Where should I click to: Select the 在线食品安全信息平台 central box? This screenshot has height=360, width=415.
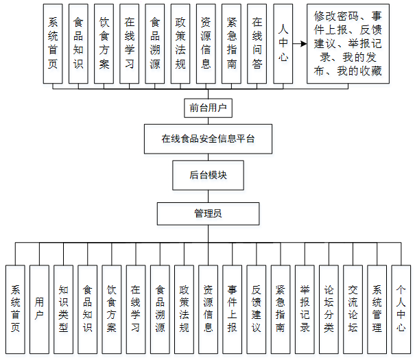tap(208, 139)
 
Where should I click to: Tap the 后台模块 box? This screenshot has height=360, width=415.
tap(208, 175)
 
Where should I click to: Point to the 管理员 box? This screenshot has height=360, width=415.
tap(208, 214)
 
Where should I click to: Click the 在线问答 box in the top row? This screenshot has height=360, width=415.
tap(257, 43)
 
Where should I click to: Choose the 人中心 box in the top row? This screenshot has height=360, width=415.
tap(283, 43)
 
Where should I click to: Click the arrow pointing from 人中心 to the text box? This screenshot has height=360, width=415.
tap(299, 43)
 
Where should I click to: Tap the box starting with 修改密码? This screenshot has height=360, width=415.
tap(347, 43)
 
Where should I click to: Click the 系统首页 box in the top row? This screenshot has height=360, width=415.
tap(53, 43)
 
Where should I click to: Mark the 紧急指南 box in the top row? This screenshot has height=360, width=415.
tap(231, 43)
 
